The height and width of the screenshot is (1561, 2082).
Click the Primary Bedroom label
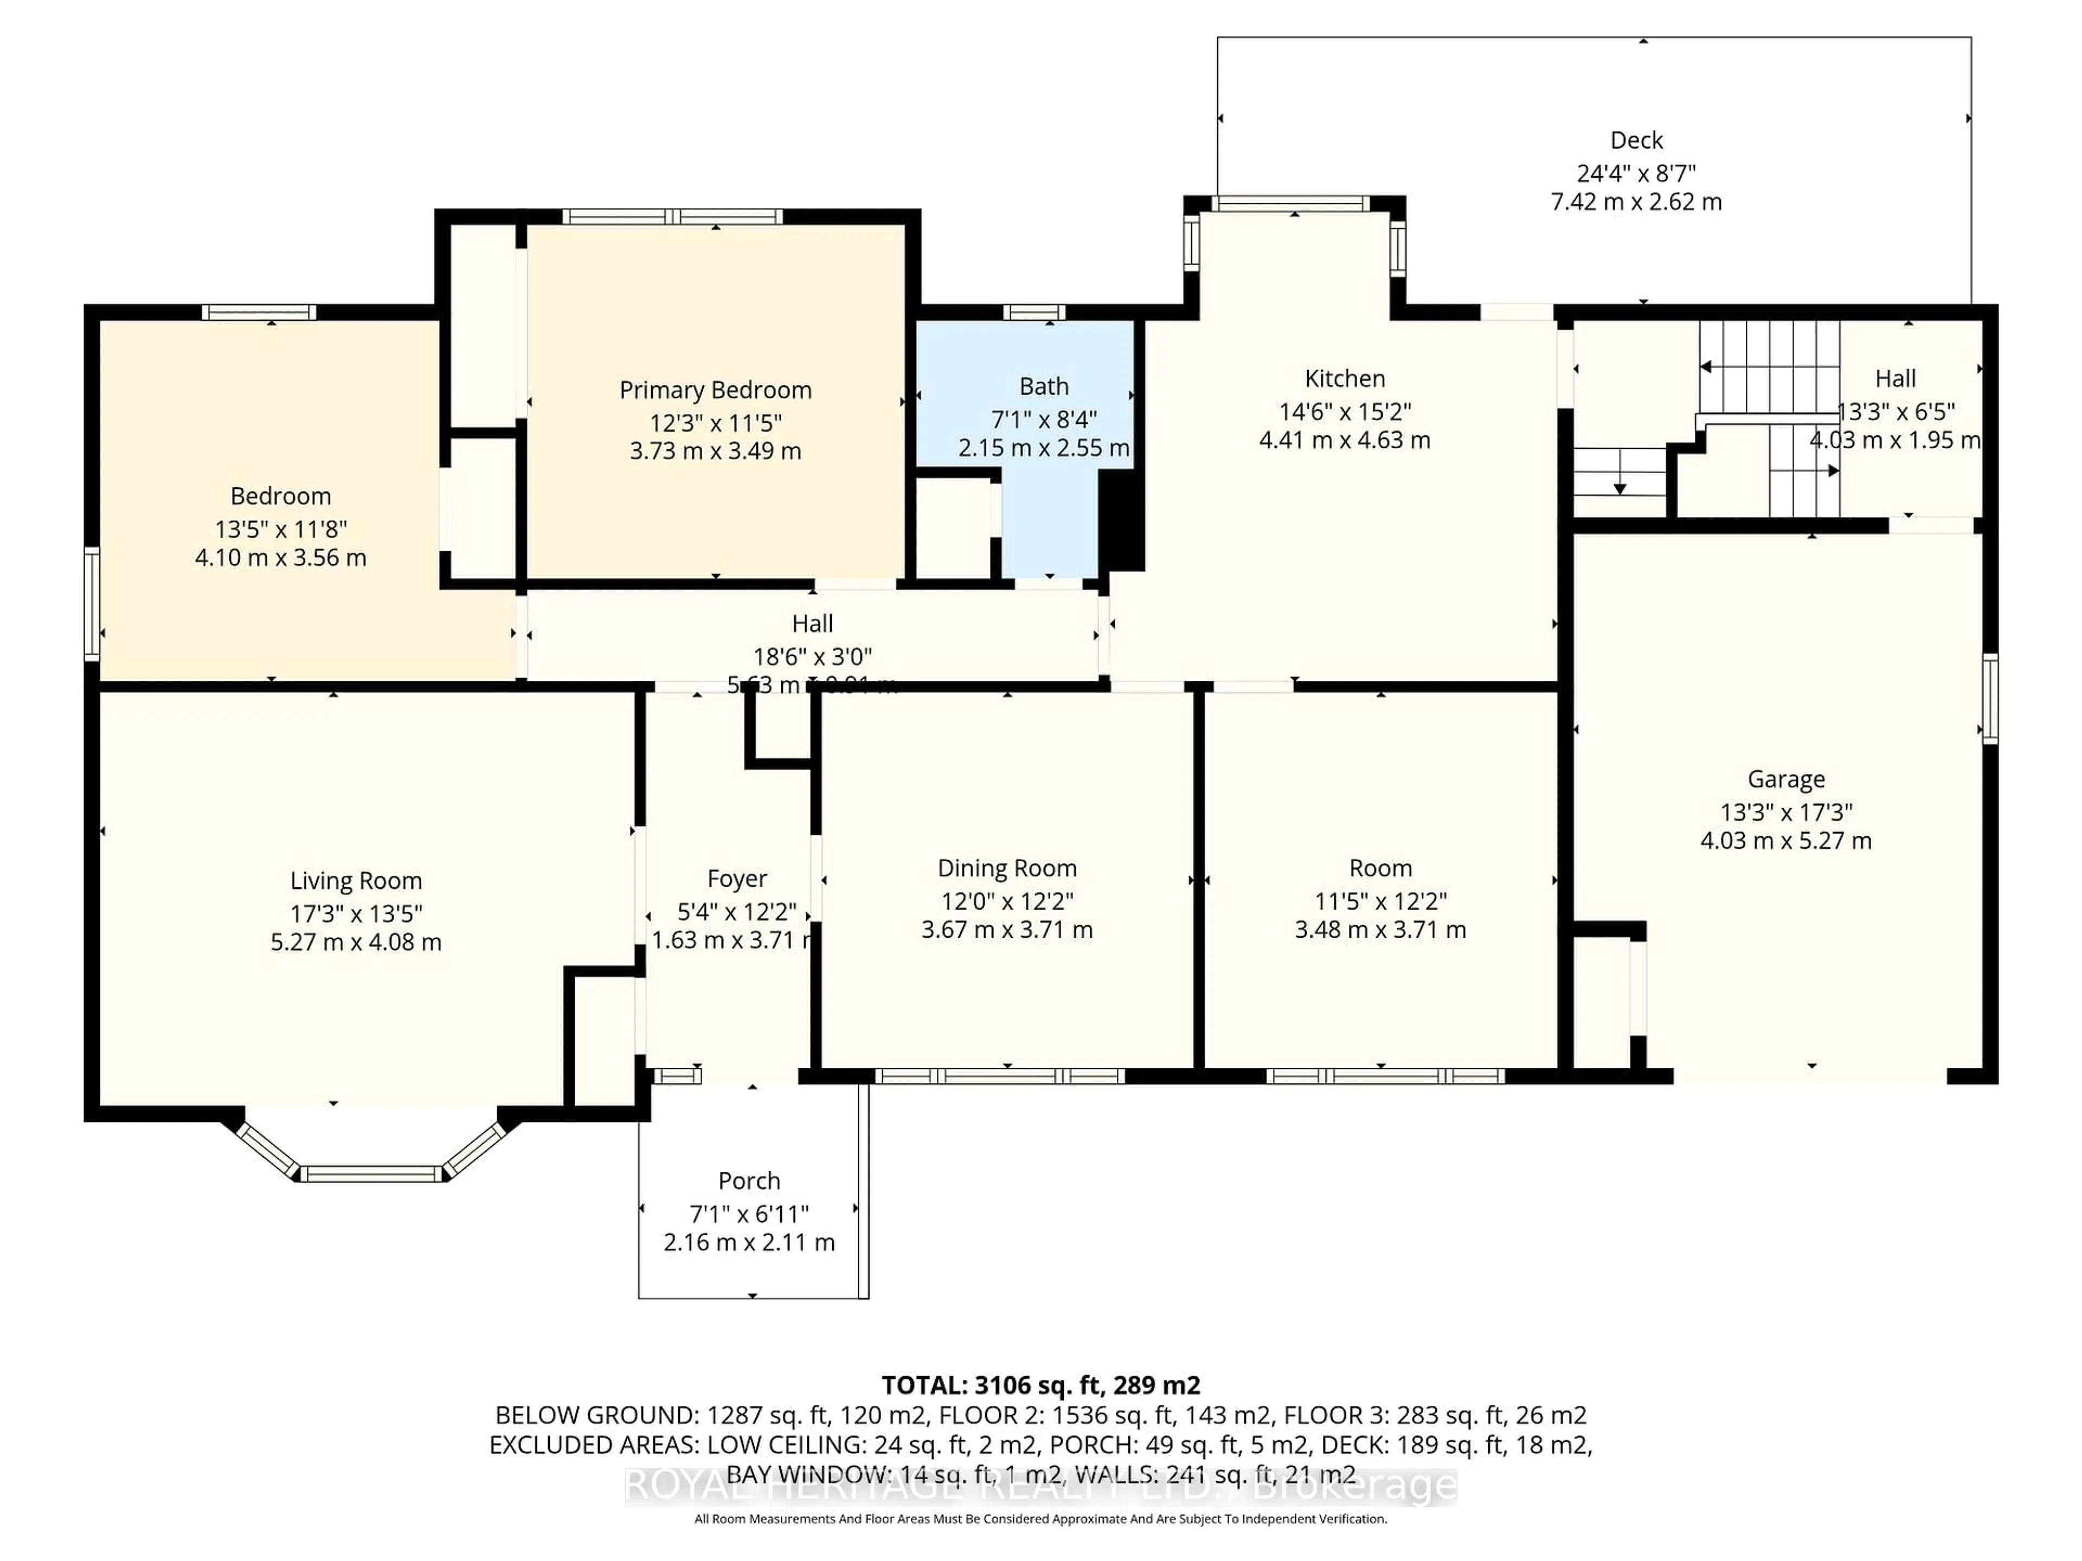pos(715,390)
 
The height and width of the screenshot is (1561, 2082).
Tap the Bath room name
pos(1044,386)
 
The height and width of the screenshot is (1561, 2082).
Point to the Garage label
pos(1785,779)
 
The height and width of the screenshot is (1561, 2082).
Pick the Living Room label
pos(356,881)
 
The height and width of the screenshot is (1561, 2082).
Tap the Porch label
pos(749,1181)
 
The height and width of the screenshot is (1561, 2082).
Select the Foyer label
pos(737,879)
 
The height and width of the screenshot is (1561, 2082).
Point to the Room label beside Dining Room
pos(1380,868)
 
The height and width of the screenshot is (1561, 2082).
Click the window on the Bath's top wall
pos(1033,312)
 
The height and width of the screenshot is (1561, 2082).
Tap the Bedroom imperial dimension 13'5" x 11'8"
pos(280,529)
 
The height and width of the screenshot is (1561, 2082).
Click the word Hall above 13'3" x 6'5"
pos(1895,378)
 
